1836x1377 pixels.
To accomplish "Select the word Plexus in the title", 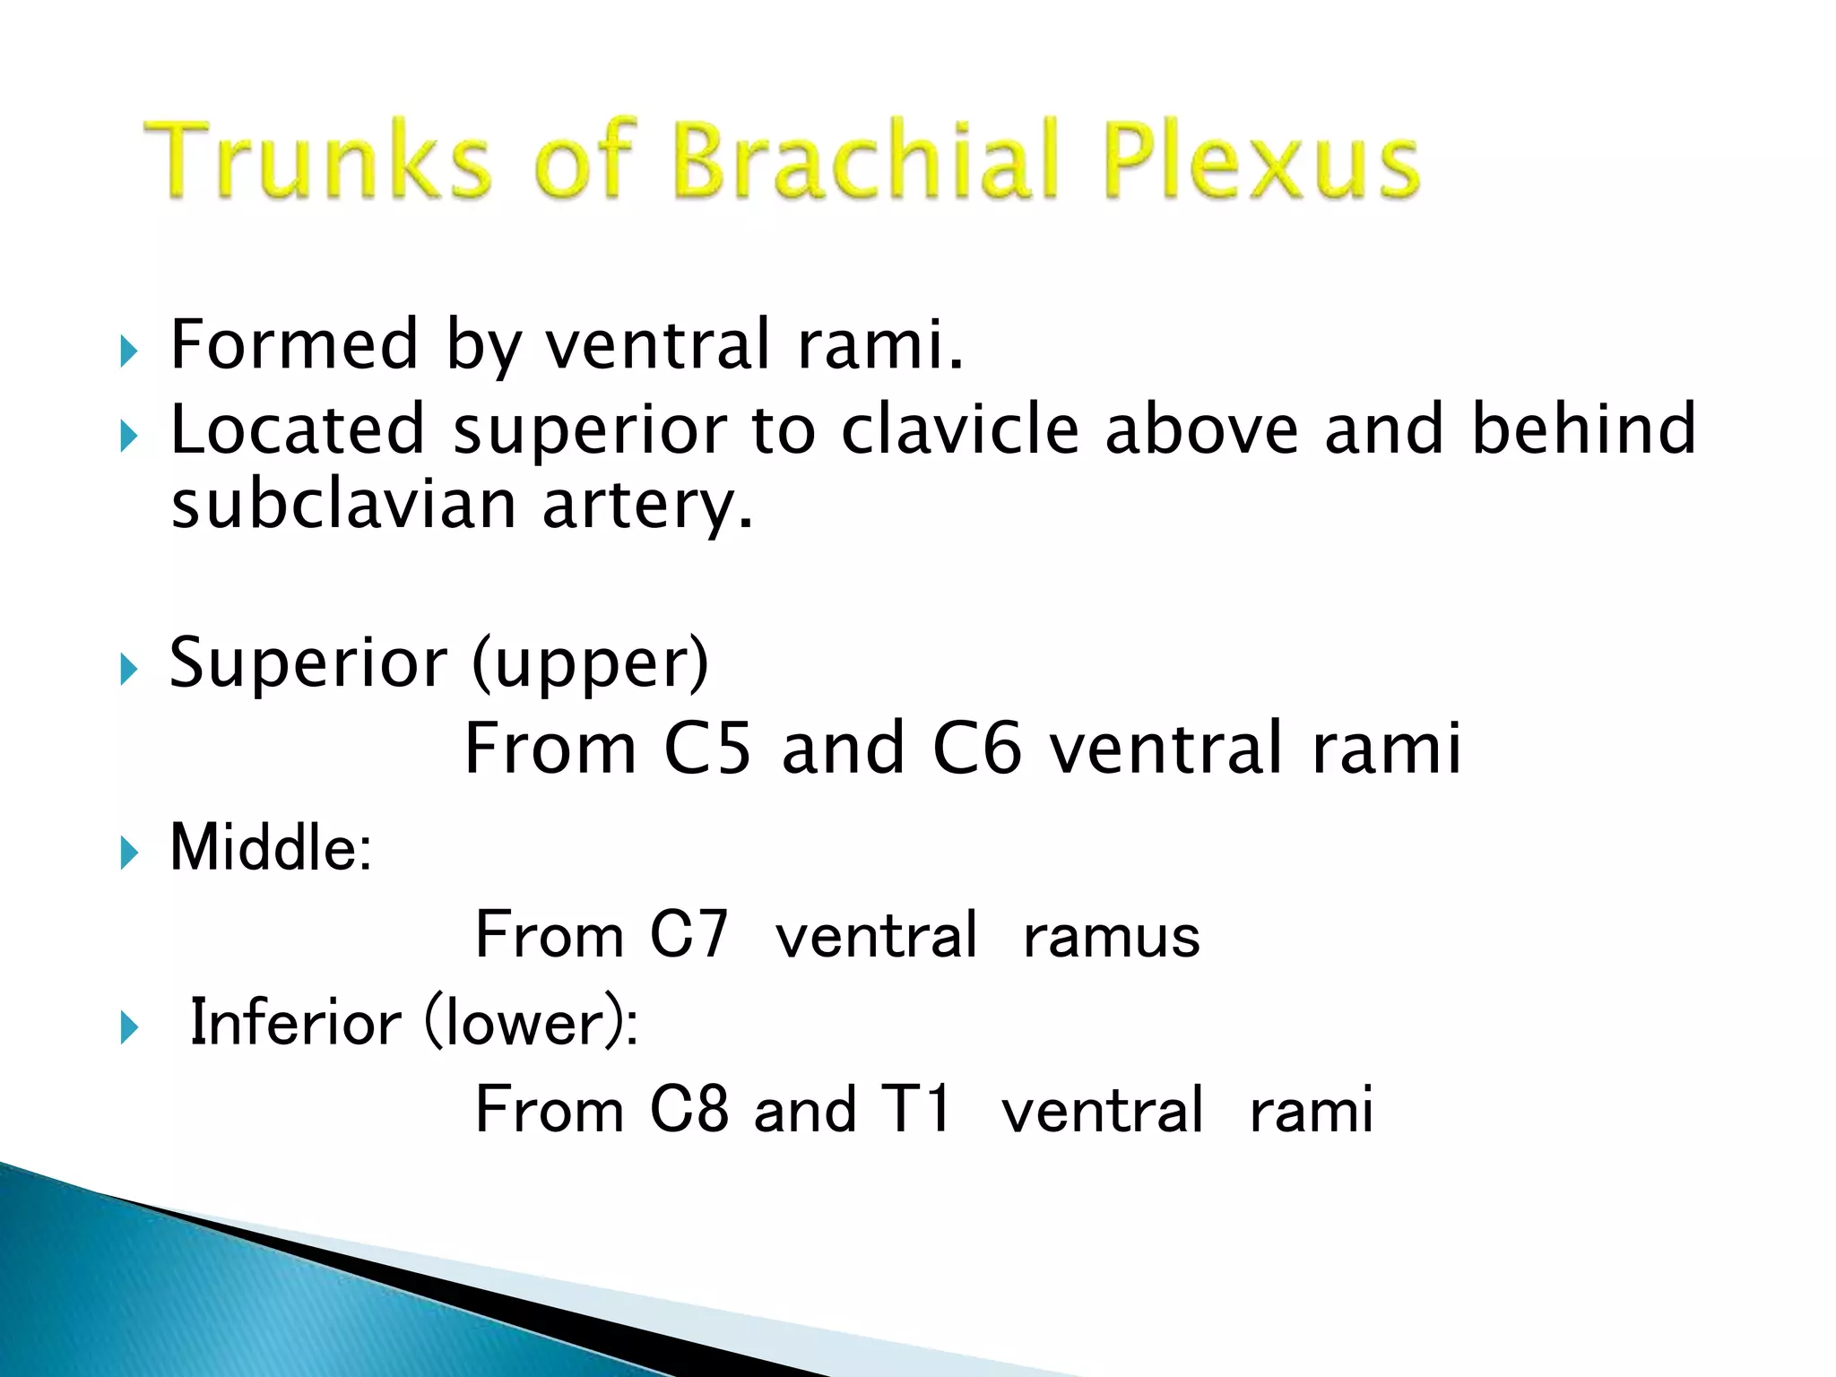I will tap(1260, 161).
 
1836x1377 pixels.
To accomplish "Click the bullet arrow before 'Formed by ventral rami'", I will tap(129, 351).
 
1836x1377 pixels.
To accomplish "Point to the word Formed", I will tap(294, 344).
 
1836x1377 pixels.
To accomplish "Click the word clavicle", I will tap(959, 429).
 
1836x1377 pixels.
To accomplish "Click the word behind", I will tap(1584, 429).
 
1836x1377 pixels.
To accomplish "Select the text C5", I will tap(707, 749).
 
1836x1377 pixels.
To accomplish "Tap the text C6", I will tap(976, 749).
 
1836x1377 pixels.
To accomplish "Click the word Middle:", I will tap(271, 847).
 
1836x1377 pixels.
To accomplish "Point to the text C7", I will tap(688, 935).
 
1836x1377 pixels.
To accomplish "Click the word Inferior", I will tap(296, 1022).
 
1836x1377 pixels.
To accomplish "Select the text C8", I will tap(688, 1110).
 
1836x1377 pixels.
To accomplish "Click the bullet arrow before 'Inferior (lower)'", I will tap(129, 1028).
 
